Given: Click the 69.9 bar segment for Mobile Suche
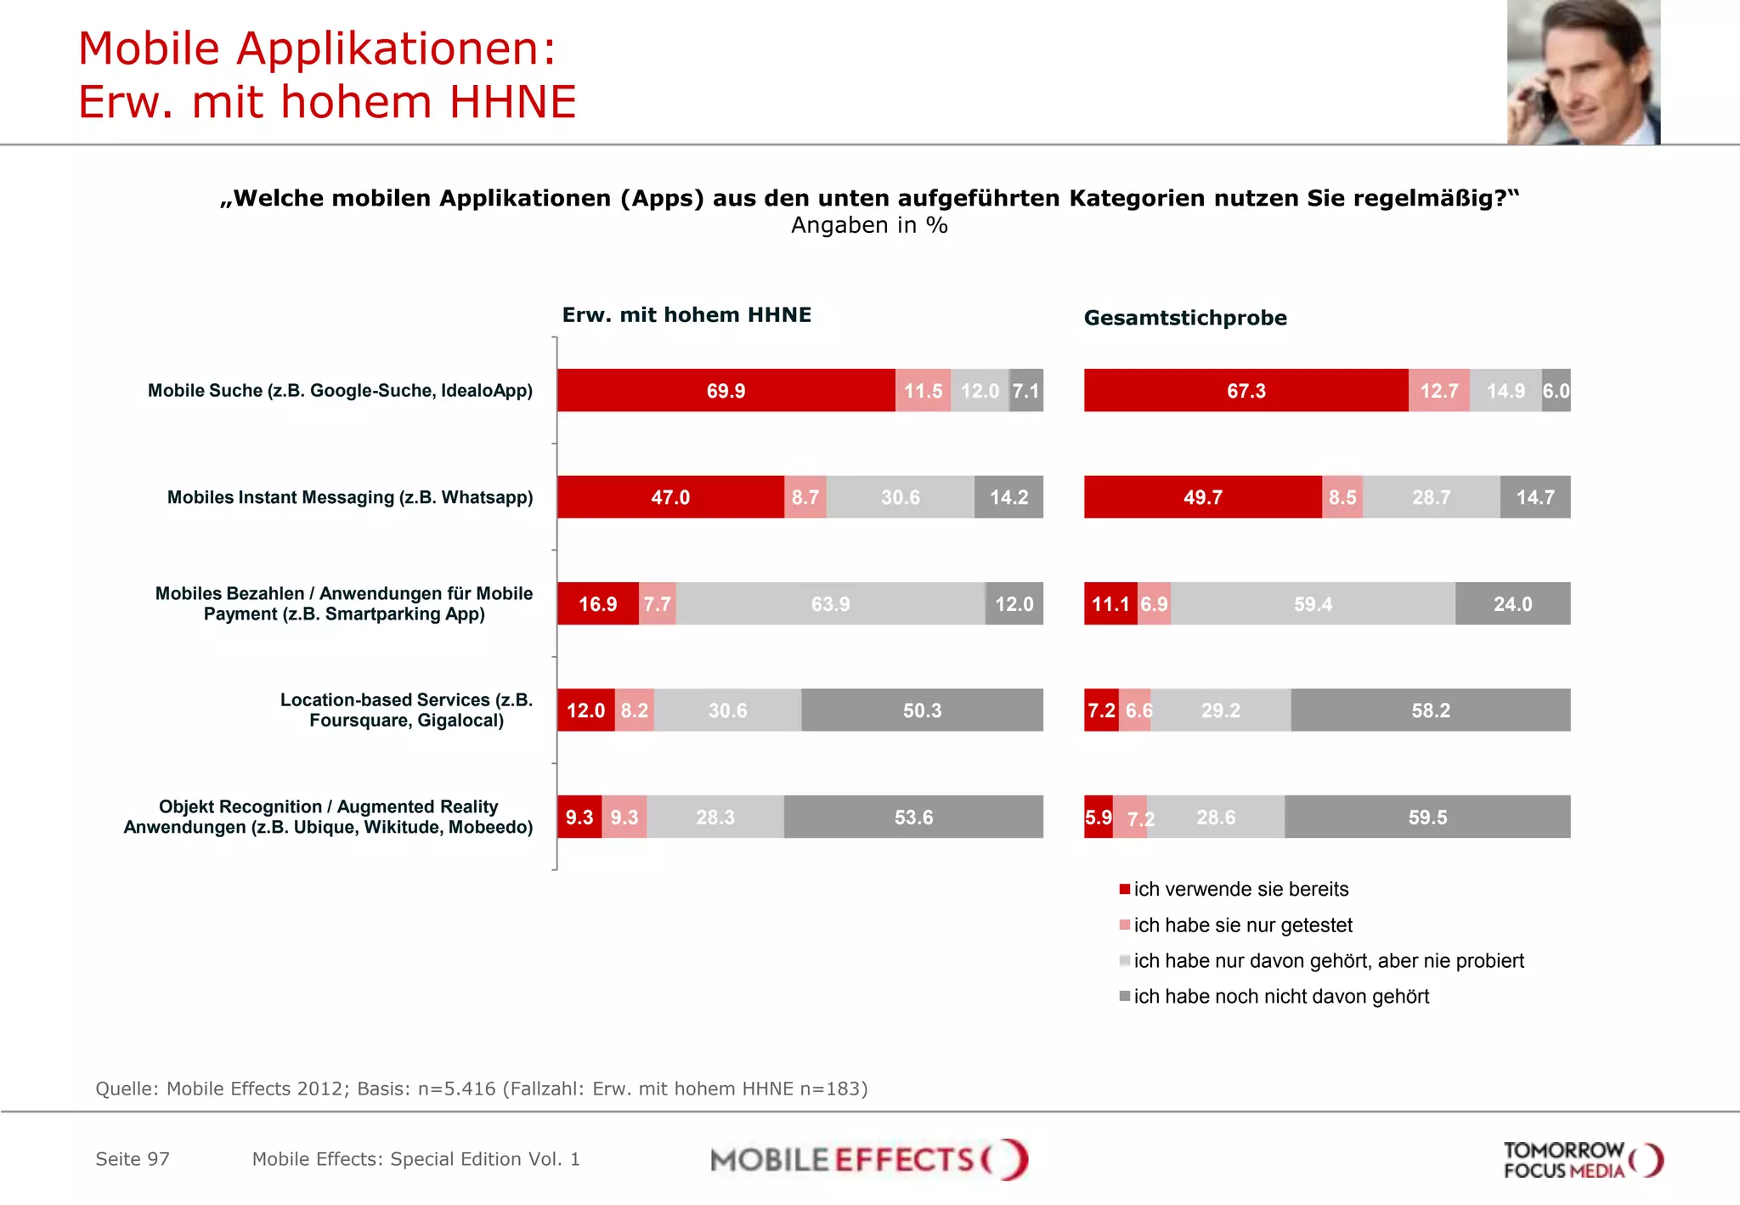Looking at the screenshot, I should point(726,391).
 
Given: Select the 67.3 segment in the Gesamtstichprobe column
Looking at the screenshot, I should point(1246,391).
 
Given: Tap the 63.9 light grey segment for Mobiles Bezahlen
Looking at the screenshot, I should point(830,604).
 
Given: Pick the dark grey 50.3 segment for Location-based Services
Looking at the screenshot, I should point(922,710).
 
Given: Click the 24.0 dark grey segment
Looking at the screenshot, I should point(1512,604).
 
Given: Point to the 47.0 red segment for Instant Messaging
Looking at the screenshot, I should point(670,497).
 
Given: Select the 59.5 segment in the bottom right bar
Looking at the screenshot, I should point(1427,817).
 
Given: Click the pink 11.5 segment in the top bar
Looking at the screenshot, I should point(923,391).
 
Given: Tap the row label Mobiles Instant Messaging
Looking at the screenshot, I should point(350,497).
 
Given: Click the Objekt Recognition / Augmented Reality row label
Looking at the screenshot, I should point(329,817).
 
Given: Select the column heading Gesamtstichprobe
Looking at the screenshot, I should point(1185,318).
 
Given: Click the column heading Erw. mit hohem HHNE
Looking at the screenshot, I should point(686,315).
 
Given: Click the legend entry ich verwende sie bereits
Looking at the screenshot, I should point(1240,889).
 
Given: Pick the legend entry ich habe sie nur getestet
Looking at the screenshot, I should point(1242,925).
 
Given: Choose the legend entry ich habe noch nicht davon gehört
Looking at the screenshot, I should point(1280,996).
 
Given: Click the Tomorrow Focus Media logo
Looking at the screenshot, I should point(1582,1160).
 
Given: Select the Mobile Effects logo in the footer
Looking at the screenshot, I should point(868,1160).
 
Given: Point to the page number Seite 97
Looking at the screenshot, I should point(133,1159).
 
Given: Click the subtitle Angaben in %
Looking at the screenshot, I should point(869,225).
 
